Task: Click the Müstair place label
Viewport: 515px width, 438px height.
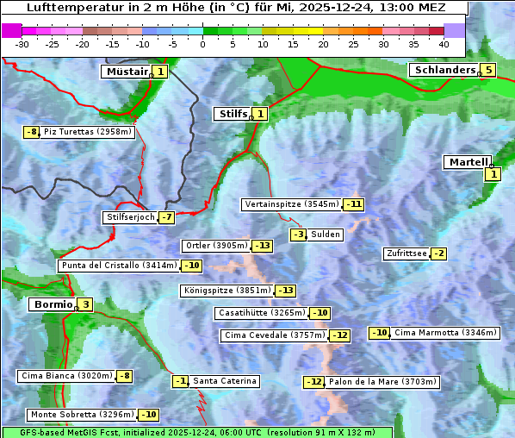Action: pos(126,72)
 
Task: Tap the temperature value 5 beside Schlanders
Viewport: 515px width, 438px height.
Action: pos(488,70)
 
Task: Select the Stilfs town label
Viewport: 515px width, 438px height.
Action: pos(232,113)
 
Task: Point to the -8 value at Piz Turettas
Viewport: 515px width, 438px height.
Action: pos(32,132)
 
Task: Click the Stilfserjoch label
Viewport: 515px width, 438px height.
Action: pos(129,217)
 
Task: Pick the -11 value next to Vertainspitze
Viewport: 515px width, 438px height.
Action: pos(353,204)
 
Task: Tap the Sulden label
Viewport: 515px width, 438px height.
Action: pos(326,235)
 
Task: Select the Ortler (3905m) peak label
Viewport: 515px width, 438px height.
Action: pos(216,246)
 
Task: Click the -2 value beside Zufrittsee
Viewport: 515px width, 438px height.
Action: pos(438,253)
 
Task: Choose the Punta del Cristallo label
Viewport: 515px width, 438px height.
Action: pos(118,266)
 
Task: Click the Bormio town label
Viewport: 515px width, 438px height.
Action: pos(52,304)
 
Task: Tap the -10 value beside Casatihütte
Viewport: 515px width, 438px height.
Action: pos(320,313)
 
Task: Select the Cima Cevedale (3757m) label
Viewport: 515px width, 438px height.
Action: pos(274,335)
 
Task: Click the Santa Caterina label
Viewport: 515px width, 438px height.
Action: pos(224,381)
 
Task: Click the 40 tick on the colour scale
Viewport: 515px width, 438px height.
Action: pos(444,44)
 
